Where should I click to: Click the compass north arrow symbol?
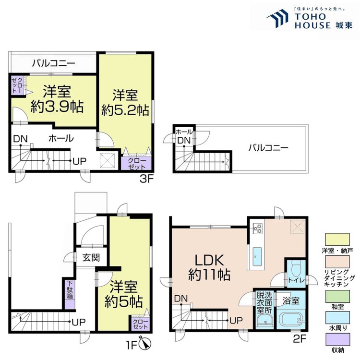click(x=145, y=344)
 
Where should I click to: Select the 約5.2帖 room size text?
click(x=124, y=109)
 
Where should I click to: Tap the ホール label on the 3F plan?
click(x=60, y=139)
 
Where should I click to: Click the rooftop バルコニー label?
click(x=268, y=148)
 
